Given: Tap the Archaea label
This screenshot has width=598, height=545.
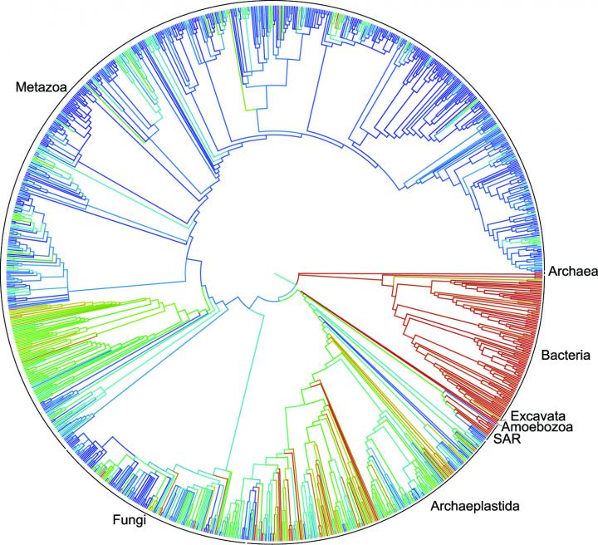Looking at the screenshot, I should click(571, 271).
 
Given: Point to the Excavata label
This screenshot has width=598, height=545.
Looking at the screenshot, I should click(541, 415).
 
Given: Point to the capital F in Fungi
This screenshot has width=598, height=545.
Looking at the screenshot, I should click(115, 522).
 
